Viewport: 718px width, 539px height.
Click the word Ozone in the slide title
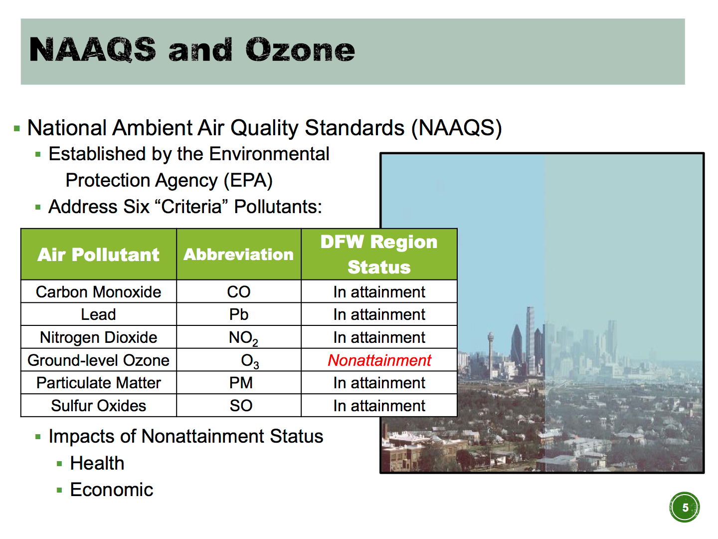(300, 50)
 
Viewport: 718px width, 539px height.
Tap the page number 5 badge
(684, 507)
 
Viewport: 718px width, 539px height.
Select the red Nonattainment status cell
(379, 360)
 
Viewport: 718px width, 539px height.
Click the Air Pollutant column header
(98, 255)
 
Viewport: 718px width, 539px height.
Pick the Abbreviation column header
(238, 255)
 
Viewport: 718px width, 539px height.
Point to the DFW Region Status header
(379, 255)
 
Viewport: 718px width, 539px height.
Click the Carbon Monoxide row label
(98, 291)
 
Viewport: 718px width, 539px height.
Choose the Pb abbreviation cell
(239, 314)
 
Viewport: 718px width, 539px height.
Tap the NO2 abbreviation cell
(243, 338)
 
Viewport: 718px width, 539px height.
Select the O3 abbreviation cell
(250, 361)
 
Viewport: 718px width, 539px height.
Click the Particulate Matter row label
(98, 383)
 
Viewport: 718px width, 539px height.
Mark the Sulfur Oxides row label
(98, 405)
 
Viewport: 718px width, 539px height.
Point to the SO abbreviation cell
(241, 405)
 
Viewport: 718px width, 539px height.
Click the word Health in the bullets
(97, 463)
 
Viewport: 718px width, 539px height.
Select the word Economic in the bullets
(112, 490)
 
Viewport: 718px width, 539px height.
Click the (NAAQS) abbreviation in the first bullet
(456, 128)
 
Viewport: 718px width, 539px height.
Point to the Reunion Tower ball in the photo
(490, 336)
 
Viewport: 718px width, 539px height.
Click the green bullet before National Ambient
(17, 128)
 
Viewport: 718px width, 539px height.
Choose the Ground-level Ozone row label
(98, 360)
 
